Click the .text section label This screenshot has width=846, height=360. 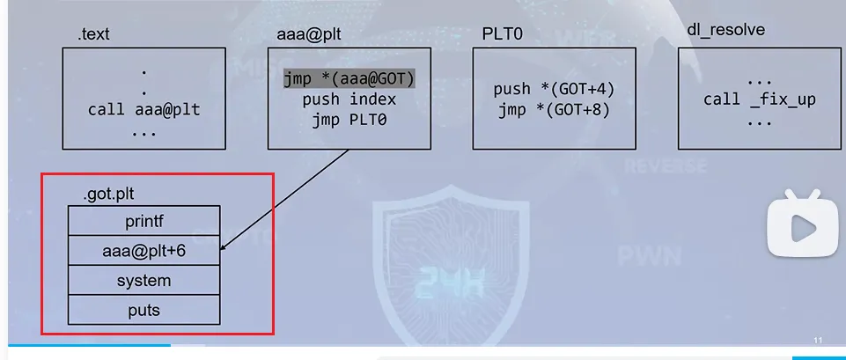click(x=95, y=36)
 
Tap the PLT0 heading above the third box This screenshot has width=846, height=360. click(x=503, y=33)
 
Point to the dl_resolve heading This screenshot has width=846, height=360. click(x=725, y=30)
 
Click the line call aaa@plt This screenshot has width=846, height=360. click(x=143, y=110)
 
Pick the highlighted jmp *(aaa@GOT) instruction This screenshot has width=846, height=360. click(x=349, y=78)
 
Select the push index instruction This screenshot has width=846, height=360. click(x=349, y=99)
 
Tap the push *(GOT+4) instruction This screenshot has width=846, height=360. click(x=554, y=89)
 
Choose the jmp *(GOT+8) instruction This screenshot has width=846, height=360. click(x=554, y=110)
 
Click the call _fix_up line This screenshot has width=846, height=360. click(x=759, y=99)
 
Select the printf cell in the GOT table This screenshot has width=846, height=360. click(x=143, y=220)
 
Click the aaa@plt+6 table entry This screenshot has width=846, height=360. click(x=143, y=251)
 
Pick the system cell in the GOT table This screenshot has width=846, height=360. click(x=143, y=281)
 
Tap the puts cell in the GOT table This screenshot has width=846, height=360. click(x=143, y=310)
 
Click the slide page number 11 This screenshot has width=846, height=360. click(x=818, y=341)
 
